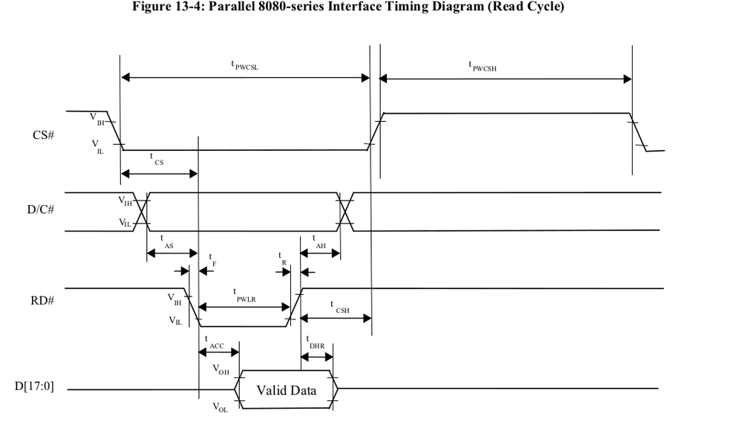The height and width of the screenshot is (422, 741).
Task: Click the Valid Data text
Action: tap(286, 389)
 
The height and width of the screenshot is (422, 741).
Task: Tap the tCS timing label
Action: tap(155, 160)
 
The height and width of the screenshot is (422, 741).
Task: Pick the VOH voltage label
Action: tap(221, 369)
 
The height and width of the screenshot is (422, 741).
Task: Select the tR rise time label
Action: tap(283, 259)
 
